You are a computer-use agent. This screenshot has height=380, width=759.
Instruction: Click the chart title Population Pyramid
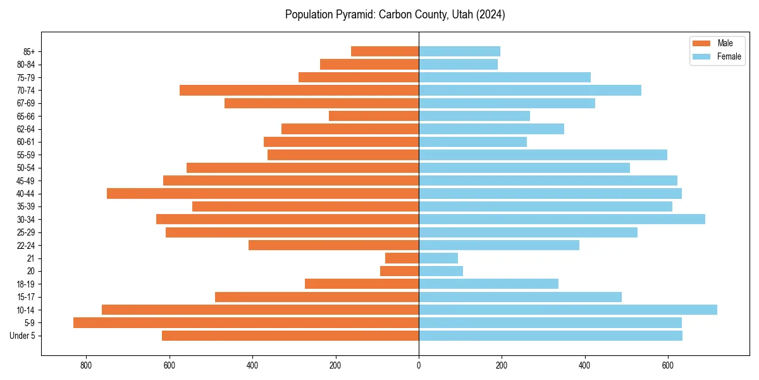point(395,15)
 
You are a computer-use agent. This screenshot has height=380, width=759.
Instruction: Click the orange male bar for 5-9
point(246,323)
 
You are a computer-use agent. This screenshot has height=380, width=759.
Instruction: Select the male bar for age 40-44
point(262,193)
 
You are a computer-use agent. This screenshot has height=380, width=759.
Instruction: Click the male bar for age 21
point(402,258)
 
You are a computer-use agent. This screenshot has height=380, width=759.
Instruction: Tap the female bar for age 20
point(440,271)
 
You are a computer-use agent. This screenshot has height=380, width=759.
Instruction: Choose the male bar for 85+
point(385,51)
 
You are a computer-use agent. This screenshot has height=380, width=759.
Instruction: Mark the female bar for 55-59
point(543,155)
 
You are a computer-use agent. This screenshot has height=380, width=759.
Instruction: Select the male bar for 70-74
point(299,90)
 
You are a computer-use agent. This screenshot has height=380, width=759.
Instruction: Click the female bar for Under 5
point(550,336)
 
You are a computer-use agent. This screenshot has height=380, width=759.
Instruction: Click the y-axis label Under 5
point(22,336)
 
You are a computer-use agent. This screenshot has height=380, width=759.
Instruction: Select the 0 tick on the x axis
point(419,365)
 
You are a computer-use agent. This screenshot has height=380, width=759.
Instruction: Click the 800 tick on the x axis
point(86,365)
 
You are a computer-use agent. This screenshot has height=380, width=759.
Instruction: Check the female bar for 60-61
point(472,142)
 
